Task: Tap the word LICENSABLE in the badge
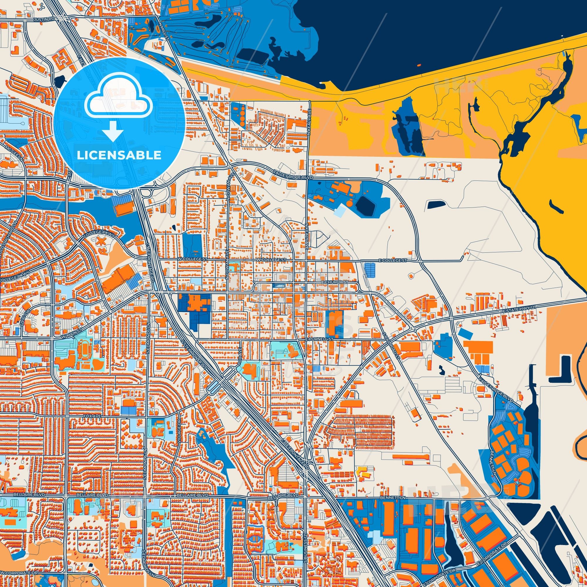[119, 155]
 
